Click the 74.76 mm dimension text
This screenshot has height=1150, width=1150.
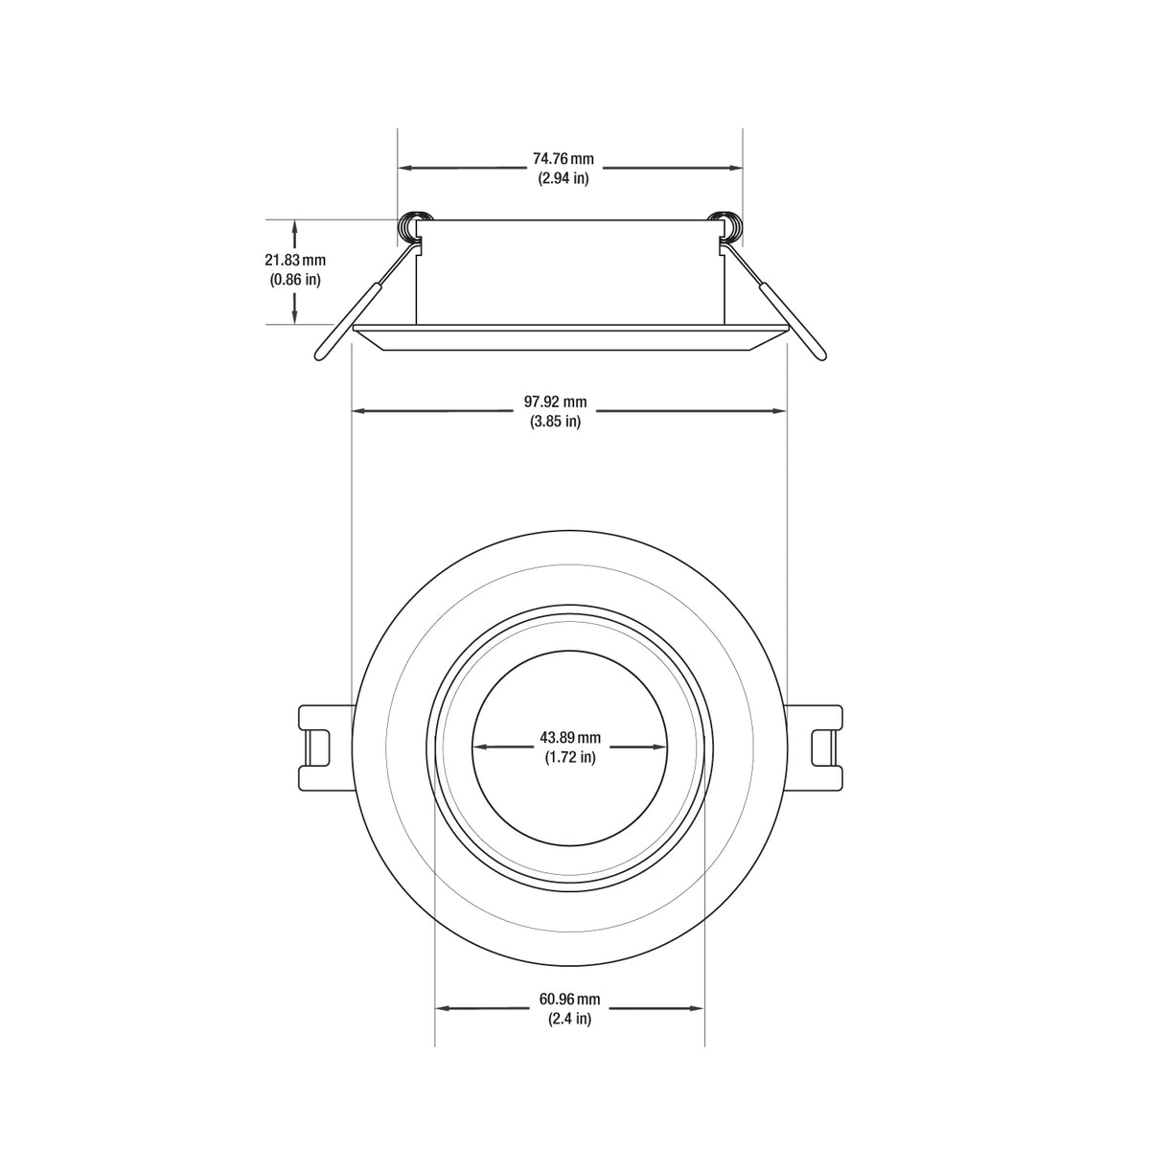(x=563, y=158)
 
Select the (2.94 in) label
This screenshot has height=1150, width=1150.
(x=563, y=178)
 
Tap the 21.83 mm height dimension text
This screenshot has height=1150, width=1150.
(x=295, y=260)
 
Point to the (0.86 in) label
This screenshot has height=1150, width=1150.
(x=295, y=280)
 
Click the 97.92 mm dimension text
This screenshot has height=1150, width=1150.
(x=561, y=402)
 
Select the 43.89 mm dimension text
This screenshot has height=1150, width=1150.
(x=570, y=737)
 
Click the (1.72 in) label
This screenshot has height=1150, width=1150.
(x=570, y=757)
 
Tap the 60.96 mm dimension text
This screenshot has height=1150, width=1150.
(x=570, y=1000)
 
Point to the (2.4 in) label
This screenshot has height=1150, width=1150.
(x=570, y=1020)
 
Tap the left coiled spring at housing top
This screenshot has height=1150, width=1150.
(x=412, y=226)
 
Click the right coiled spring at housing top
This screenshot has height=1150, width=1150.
(x=728, y=226)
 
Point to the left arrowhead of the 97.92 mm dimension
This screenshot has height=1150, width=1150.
(x=359, y=411)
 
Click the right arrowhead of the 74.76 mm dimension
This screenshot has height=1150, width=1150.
(x=736, y=168)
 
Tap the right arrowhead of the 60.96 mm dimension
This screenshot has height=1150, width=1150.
(x=698, y=1008)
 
